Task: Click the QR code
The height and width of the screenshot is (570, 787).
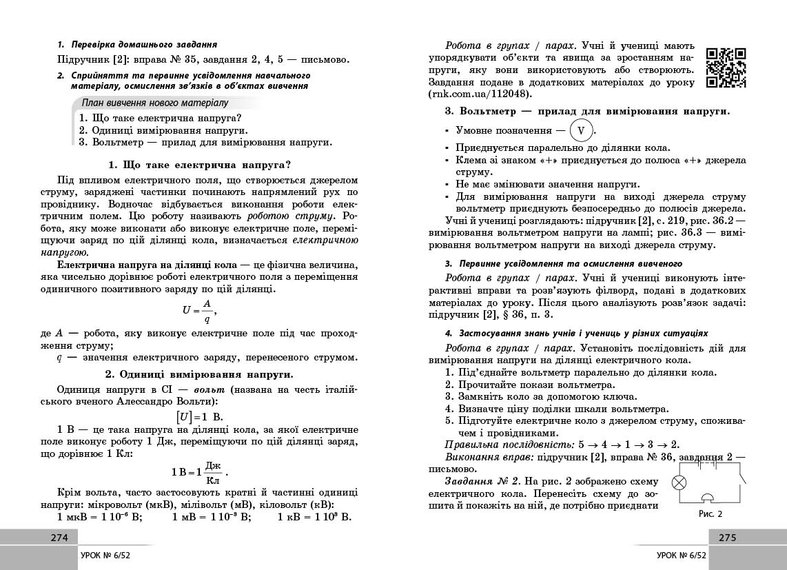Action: [726, 68]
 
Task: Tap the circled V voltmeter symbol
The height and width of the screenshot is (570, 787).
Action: [581, 130]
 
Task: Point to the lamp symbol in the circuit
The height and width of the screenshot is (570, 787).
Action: [679, 482]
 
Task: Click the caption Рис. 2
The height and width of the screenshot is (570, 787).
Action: [711, 513]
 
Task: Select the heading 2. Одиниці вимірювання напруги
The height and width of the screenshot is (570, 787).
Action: [199, 374]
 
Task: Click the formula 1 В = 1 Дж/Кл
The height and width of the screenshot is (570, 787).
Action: [198, 472]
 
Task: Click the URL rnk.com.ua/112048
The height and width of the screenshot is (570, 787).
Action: [479, 94]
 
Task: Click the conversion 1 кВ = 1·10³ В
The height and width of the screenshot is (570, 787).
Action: [314, 517]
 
